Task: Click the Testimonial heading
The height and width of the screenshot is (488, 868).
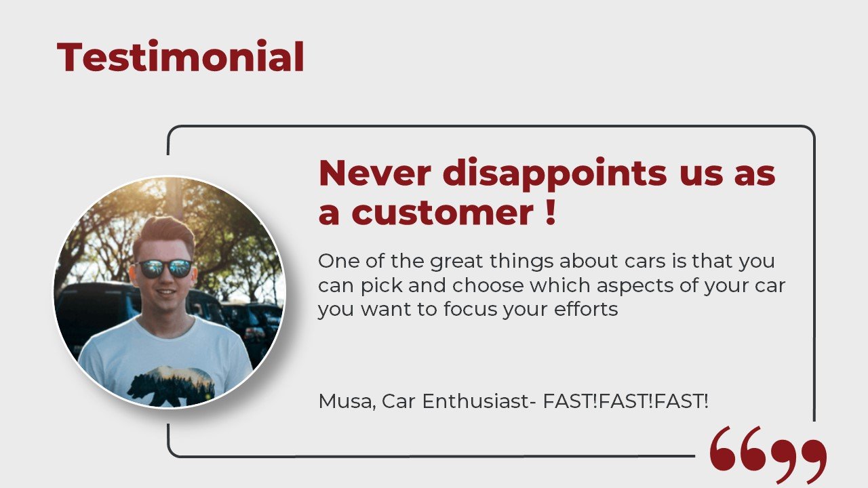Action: [180, 56]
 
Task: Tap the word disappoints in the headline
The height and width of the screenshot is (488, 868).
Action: [555, 174]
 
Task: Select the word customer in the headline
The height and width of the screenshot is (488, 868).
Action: [443, 212]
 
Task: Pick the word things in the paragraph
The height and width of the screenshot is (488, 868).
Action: [521, 262]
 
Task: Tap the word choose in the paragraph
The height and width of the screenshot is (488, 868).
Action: [488, 285]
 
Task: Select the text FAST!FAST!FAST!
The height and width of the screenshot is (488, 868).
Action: [625, 401]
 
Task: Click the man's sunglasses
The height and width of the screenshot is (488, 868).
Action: [164, 268]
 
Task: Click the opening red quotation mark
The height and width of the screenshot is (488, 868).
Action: [739, 449]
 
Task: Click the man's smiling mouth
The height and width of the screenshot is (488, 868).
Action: [166, 291]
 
